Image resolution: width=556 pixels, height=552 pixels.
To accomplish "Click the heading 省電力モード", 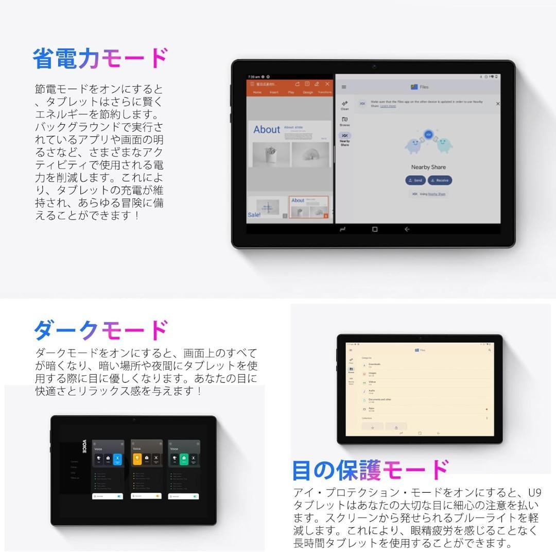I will point(100,59).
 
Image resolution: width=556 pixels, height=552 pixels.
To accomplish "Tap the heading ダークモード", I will point(100,330).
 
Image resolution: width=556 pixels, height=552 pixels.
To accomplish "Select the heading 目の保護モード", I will point(370,470).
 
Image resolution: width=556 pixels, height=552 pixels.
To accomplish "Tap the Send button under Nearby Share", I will point(415,180).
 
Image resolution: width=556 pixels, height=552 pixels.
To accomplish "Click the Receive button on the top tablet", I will point(440,180).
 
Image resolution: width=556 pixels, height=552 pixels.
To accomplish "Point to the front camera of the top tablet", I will point(374,66).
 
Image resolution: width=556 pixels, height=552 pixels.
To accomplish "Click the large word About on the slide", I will point(267,130).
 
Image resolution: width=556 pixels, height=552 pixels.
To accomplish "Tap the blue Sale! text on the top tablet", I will point(254,215).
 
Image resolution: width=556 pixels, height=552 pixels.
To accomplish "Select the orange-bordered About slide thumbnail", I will point(308,207).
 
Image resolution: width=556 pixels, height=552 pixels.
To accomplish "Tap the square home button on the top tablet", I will point(374,229).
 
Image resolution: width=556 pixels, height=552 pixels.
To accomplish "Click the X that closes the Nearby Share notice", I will point(497,104).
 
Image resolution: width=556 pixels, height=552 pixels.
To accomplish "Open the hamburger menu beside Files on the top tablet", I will point(344,87).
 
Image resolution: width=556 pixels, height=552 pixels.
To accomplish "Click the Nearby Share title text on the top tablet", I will point(428,167).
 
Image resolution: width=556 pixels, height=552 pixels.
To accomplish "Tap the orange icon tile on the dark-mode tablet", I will point(137,458).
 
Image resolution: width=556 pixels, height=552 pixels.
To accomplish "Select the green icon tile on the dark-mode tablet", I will point(184,458).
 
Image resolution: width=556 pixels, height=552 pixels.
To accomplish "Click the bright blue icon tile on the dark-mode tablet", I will point(117,458).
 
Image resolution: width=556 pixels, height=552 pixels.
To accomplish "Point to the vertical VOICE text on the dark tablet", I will point(84,446).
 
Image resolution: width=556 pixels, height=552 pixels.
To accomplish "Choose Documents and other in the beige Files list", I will point(380,399).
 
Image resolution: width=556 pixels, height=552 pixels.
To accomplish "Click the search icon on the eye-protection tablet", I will point(489,350).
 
